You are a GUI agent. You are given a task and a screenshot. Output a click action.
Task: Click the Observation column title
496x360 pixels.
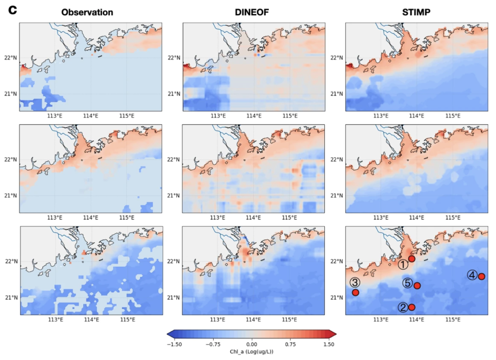(87, 12)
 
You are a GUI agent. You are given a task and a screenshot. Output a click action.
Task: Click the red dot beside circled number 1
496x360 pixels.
(412, 259)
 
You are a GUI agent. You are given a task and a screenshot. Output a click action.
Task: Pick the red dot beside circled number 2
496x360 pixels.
(412, 307)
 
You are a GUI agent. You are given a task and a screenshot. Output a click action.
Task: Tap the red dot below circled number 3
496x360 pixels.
(355, 292)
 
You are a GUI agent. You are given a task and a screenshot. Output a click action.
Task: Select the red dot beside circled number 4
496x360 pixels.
(481, 276)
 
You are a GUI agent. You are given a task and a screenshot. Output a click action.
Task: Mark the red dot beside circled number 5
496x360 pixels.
(417, 286)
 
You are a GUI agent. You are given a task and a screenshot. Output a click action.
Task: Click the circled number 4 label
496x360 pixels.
(472, 275)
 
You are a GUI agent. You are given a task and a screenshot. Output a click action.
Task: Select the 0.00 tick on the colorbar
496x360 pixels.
(251, 343)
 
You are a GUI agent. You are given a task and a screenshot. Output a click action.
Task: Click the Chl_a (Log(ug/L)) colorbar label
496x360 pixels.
(251, 352)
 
